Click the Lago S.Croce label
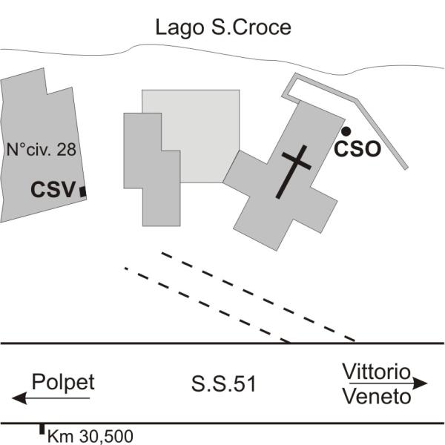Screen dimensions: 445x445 (222, 28)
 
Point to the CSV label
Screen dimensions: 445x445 (53, 191)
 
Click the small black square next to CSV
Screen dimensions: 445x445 (83, 192)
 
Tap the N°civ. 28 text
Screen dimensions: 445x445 (41, 150)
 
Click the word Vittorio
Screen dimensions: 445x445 (376, 371)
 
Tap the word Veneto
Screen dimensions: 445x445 (377, 397)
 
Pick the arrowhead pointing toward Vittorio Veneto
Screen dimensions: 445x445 (422, 383)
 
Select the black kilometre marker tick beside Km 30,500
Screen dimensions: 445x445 (42, 429)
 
